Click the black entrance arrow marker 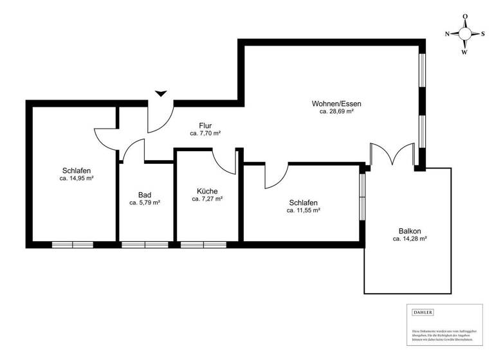(161, 93)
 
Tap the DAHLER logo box (423, 312)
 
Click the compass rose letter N (448, 34)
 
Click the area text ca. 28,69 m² (336, 112)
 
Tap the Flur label (206, 125)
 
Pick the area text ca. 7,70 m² (206, 134)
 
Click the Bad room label (144, 194)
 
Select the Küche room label (207, 191)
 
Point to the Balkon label (410, 231)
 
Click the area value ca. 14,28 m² (410, 239)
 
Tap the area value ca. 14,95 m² (77, 179)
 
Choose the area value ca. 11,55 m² (304, 210)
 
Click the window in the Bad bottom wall (145, 244)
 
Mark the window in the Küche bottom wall (203, 244)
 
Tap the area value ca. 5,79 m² (144, 203)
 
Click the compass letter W (464, 53)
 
